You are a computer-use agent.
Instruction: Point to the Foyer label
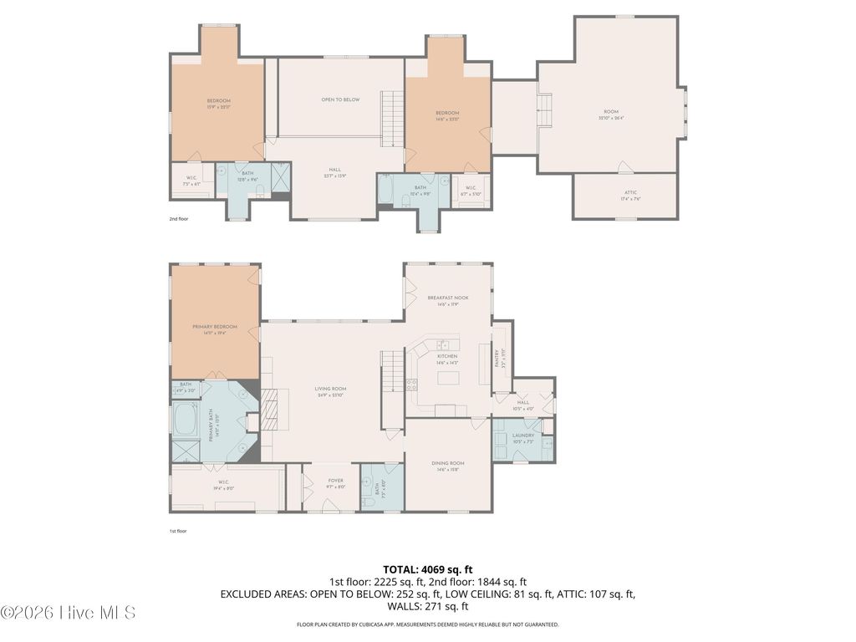pyautogui.click(x=335, y=482)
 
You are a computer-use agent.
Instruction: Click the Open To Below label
pyautogui.click(x=340, y=100)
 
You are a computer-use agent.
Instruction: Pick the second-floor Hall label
pyautogui.click(x=334, y=171)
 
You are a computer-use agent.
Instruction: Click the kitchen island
pyautogui.click(x=448, y=379)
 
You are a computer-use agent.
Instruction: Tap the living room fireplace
pyautogui.click(x=270, y=409)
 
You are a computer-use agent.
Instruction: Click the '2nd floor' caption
pyautogui.click(x=179, y=219)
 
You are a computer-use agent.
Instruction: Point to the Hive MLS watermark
pyautogui.click(x=69, y=613)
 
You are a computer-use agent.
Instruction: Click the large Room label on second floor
pyautogui.click(x=611, y=113)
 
